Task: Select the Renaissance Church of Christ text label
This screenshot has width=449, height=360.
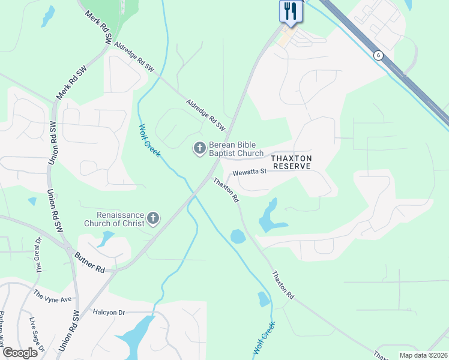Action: pyautogui.click(x=122, y=219)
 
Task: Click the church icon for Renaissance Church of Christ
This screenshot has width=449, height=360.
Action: pyautogui.click(x=154, y=218)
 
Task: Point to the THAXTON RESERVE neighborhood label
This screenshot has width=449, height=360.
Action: pyautogui.click(x=291, y=162)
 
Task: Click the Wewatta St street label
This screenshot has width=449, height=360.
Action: pyautogui.click(x=250, y=172)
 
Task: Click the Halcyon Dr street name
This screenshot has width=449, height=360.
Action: pyautogui.click(x=109, y=313)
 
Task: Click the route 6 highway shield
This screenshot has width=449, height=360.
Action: pyautogui.click(x=378, y=55)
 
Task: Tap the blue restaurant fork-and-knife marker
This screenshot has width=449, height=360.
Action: pyautogui.click(x=290, y=12)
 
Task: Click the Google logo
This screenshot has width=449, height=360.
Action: pyautogui.click(x=20, y=352)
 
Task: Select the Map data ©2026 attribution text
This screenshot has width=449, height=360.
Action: pyautogui.click(x=424, y=355)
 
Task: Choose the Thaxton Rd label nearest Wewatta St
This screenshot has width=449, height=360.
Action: pyautogui.click(x=227, y=188)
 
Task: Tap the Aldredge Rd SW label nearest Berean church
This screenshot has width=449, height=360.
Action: pyautogui.click(x=205, y=116)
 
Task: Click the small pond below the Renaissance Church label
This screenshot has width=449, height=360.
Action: pyautogui.click(x=106, y=238)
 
